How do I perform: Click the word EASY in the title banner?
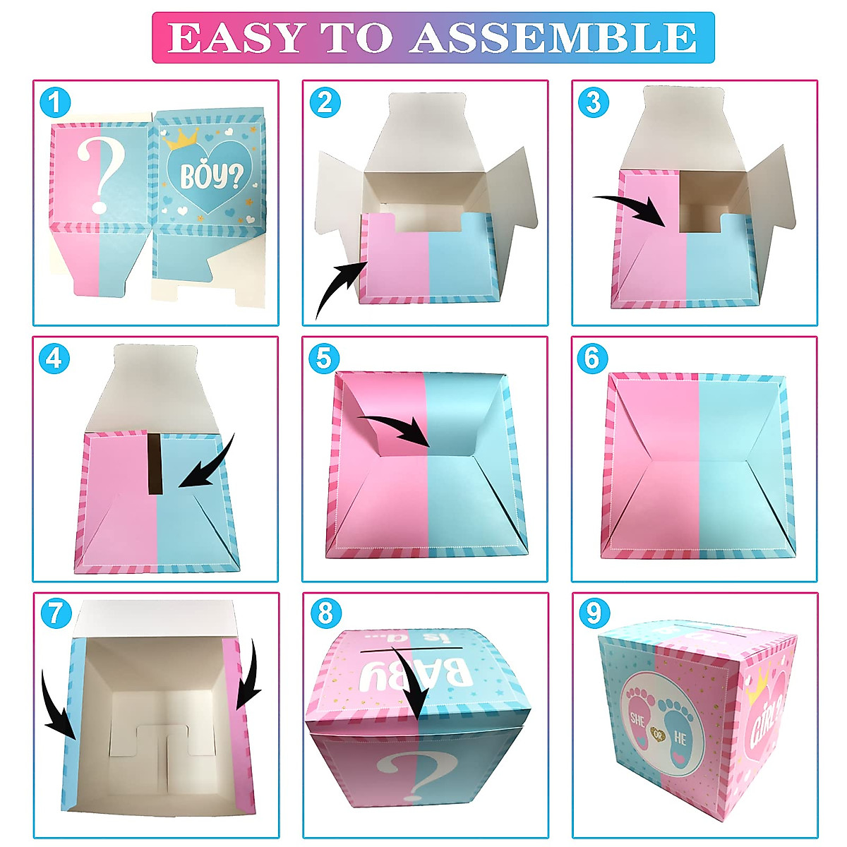(x=236, y=38)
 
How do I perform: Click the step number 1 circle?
(x=55, y=103)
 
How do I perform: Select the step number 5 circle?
(x=324, y=359)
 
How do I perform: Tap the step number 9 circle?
(x=593, y=613)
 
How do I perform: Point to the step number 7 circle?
(x=55, y=613)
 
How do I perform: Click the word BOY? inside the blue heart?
(x=206, y=176)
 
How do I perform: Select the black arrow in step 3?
(x=632, y=207)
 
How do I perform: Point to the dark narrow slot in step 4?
(x=155, y=462)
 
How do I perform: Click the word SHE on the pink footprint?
(x=637, y=719)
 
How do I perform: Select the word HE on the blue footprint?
(x=680, y=739)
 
